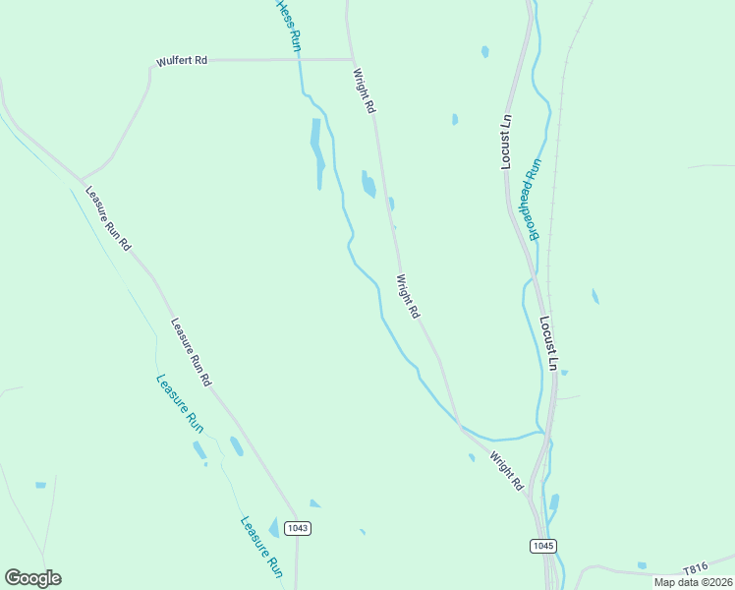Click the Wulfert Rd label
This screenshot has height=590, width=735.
tap(182, 61)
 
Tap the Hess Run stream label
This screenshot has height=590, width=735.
tap(288, 26)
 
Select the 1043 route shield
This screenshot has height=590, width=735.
tap(298, 528)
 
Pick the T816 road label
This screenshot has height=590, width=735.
tap(695, 569)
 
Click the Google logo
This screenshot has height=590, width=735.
tap(32, 578)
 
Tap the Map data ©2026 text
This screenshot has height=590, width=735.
tap(692, 582)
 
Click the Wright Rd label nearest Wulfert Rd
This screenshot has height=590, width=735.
tap(365, 88)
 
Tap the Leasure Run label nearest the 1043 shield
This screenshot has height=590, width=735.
tap(262, 546)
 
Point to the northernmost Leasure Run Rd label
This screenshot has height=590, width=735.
tap(107, 218)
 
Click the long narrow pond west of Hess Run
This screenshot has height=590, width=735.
tap(317, 152)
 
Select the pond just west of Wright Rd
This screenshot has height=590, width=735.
tap(368, 184)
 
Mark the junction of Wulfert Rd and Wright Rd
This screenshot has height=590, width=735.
tap(352, 59)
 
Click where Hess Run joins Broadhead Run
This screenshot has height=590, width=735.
tap(542, 432)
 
